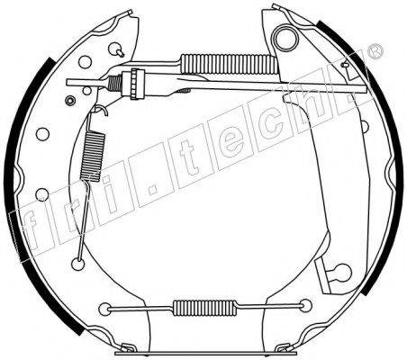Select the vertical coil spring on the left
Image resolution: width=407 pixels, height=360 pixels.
(93, 157)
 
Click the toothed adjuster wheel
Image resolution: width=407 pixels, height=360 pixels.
(138, 84)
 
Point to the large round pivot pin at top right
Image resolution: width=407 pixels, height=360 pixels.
(285, 38)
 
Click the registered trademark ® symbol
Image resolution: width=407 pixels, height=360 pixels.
(375, 51)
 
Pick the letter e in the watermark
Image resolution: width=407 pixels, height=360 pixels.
(231, 141)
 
